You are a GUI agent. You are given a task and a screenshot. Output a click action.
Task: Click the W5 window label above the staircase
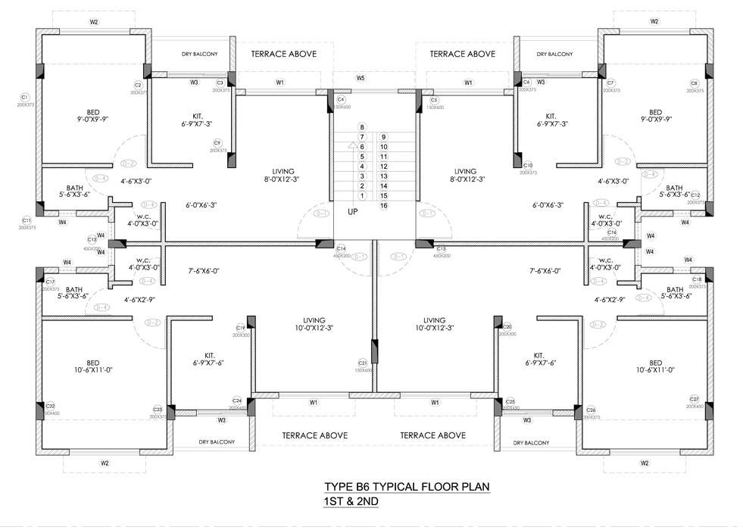(x=361, y=78)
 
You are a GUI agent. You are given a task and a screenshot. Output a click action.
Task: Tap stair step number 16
(x=384, y=205)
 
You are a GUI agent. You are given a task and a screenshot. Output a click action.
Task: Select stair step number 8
(x=363, y=127)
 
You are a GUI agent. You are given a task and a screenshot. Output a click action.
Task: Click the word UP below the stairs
(x=353, y=212)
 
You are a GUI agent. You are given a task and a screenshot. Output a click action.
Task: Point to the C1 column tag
(x=23, y=97)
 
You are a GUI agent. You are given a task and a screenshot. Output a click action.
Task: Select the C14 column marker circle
(x=341, y=249)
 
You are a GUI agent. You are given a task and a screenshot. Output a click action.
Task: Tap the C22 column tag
(x=51, y=406)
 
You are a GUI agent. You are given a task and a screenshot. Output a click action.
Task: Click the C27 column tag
(x=694, y=399)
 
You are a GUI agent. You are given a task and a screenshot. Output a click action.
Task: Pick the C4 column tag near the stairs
(x=341, y=100)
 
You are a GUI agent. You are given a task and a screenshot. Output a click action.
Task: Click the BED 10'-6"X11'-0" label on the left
(x=93, y=366)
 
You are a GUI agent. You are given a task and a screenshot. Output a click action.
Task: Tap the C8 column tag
(x=694, y=83)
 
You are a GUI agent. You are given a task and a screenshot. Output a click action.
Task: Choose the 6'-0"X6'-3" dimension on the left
(x=201, y=205)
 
